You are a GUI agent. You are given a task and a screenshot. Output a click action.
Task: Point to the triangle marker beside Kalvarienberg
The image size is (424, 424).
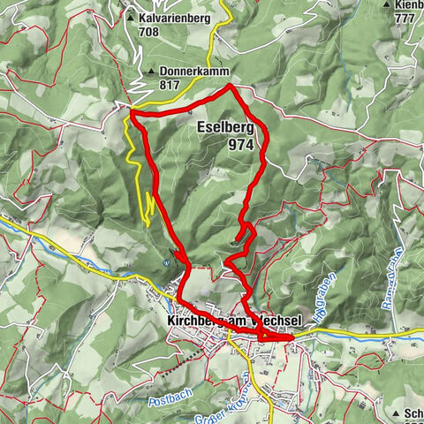pyautogui.click(x=131, y=17)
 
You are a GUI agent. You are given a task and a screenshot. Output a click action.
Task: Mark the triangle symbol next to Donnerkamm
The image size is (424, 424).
pyautogui.click(x=152, y=72)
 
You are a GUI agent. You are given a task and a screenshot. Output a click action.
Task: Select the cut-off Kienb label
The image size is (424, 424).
pyautogui.click(x=408, y=5)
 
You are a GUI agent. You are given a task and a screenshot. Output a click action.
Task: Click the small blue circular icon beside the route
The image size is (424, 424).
pyautogui.click(x=167, y=261)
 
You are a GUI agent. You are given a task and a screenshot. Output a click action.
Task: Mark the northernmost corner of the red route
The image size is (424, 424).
pyautogui.click(x=231, y=86)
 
